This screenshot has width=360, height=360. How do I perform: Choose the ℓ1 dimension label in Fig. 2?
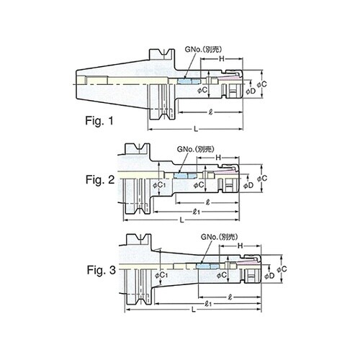tap(195, 210)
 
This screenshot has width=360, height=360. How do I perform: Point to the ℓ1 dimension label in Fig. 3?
tap(207, 303)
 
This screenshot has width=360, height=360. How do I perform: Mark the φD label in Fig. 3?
tap(270, 275)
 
